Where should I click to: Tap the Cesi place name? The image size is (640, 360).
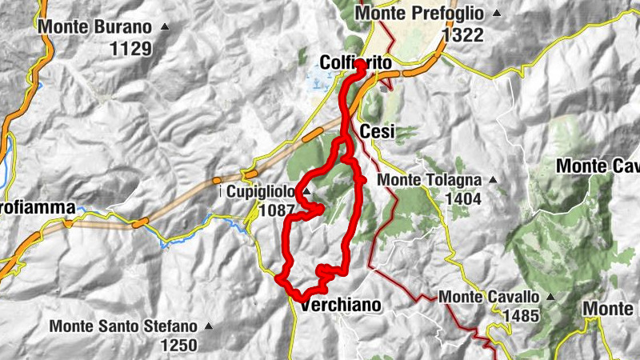[378, 132]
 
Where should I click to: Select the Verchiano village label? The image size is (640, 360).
[340, 306]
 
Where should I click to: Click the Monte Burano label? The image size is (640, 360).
[94, 26]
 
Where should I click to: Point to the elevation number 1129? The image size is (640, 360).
[130, 49]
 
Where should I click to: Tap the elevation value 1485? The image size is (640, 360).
[521, 316]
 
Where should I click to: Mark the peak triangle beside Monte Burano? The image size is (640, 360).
[165, 26]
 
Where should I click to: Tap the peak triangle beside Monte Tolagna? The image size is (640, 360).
[493, 180]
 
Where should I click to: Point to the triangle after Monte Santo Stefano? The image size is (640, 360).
[208, 326]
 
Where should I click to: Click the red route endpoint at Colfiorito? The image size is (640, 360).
[361, 64]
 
